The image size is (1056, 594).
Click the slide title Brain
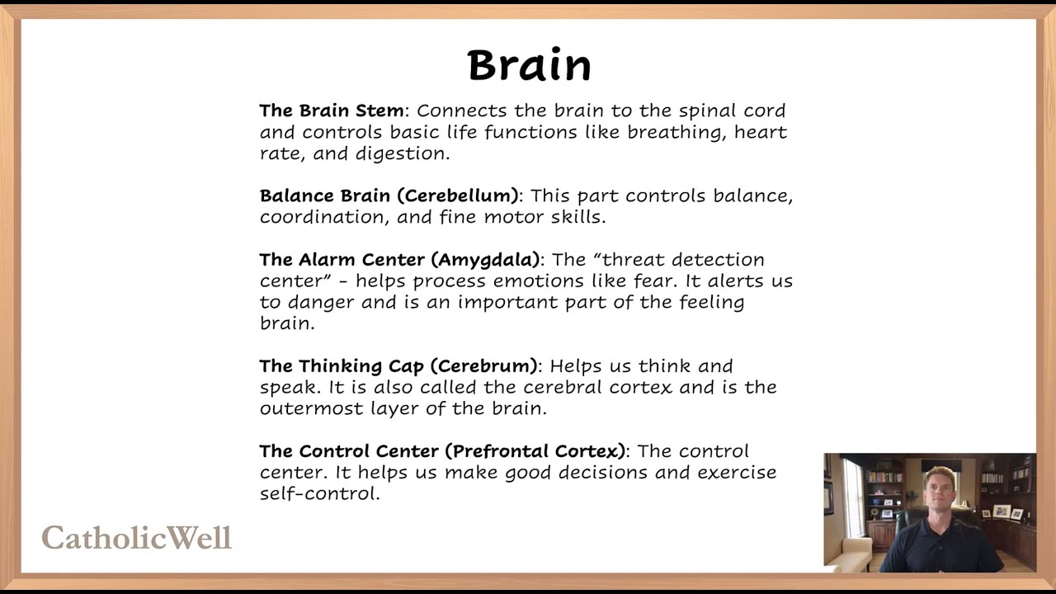tap(529, 65)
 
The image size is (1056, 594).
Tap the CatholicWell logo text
tap(137, 538)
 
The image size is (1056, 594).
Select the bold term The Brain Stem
tap(332, 111)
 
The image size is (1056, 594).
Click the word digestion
tap(402, 153)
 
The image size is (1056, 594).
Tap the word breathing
tap(676, 132)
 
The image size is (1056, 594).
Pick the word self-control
tap(319, 494)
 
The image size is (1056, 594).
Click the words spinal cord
tap(733, 111)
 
